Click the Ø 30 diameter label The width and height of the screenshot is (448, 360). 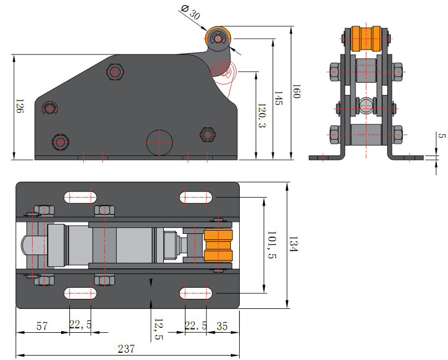[x=190, y=12]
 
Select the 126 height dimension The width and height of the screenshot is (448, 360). [x=19, y=106]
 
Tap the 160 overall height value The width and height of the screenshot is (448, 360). [x=296, y=91]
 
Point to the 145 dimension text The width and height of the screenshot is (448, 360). [x=278, y=98]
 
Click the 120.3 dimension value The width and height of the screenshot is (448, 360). [x=261, y=115]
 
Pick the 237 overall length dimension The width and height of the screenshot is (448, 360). [x=126, y=349]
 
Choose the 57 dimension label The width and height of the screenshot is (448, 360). [x=42, y=326]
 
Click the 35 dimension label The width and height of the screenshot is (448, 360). [x=222, y=326]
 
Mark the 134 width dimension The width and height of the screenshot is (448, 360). [x=294, y=244]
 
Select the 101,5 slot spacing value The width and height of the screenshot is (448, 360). [x=271, y=245]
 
